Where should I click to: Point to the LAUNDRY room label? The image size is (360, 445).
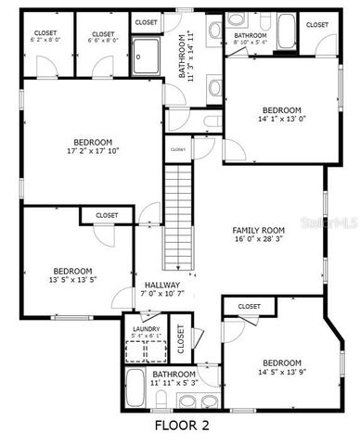pyautogui.click(x=146, y=328)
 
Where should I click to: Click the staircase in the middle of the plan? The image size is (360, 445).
pyautogui.click(x=178, y=213)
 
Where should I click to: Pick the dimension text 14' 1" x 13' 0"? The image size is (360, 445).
pyautogui.click(x=281, y=119)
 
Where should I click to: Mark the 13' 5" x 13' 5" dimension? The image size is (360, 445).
pyautogui.click(x=73, y=277)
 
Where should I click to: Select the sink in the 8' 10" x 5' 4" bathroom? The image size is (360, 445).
pyautogui.click(x=236, y=21)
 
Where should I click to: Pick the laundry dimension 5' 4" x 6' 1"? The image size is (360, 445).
pyautogui.click(x=146, y=336)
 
